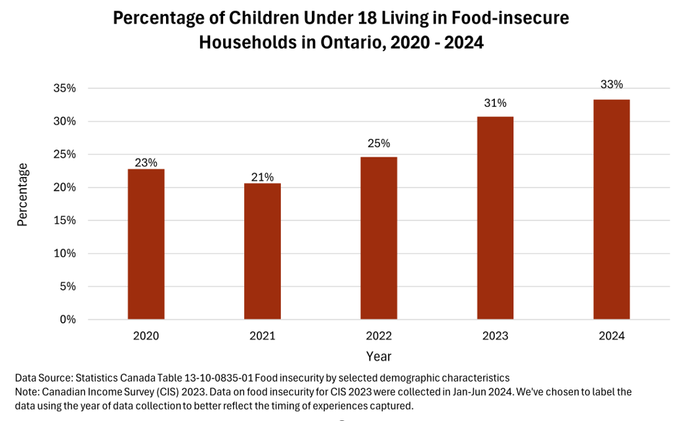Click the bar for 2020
146,244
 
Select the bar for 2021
263,251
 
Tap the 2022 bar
379,238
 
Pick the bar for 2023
495,218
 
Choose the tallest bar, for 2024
612,209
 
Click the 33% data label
612,85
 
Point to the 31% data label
495,103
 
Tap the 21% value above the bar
263,176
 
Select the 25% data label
379,143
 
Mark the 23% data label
146,163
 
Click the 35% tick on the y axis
64,89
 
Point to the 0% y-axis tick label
68,320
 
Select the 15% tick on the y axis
64,221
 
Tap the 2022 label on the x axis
379,336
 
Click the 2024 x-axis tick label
612,336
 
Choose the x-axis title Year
379,356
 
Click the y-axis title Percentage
23,195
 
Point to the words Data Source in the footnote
43,378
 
